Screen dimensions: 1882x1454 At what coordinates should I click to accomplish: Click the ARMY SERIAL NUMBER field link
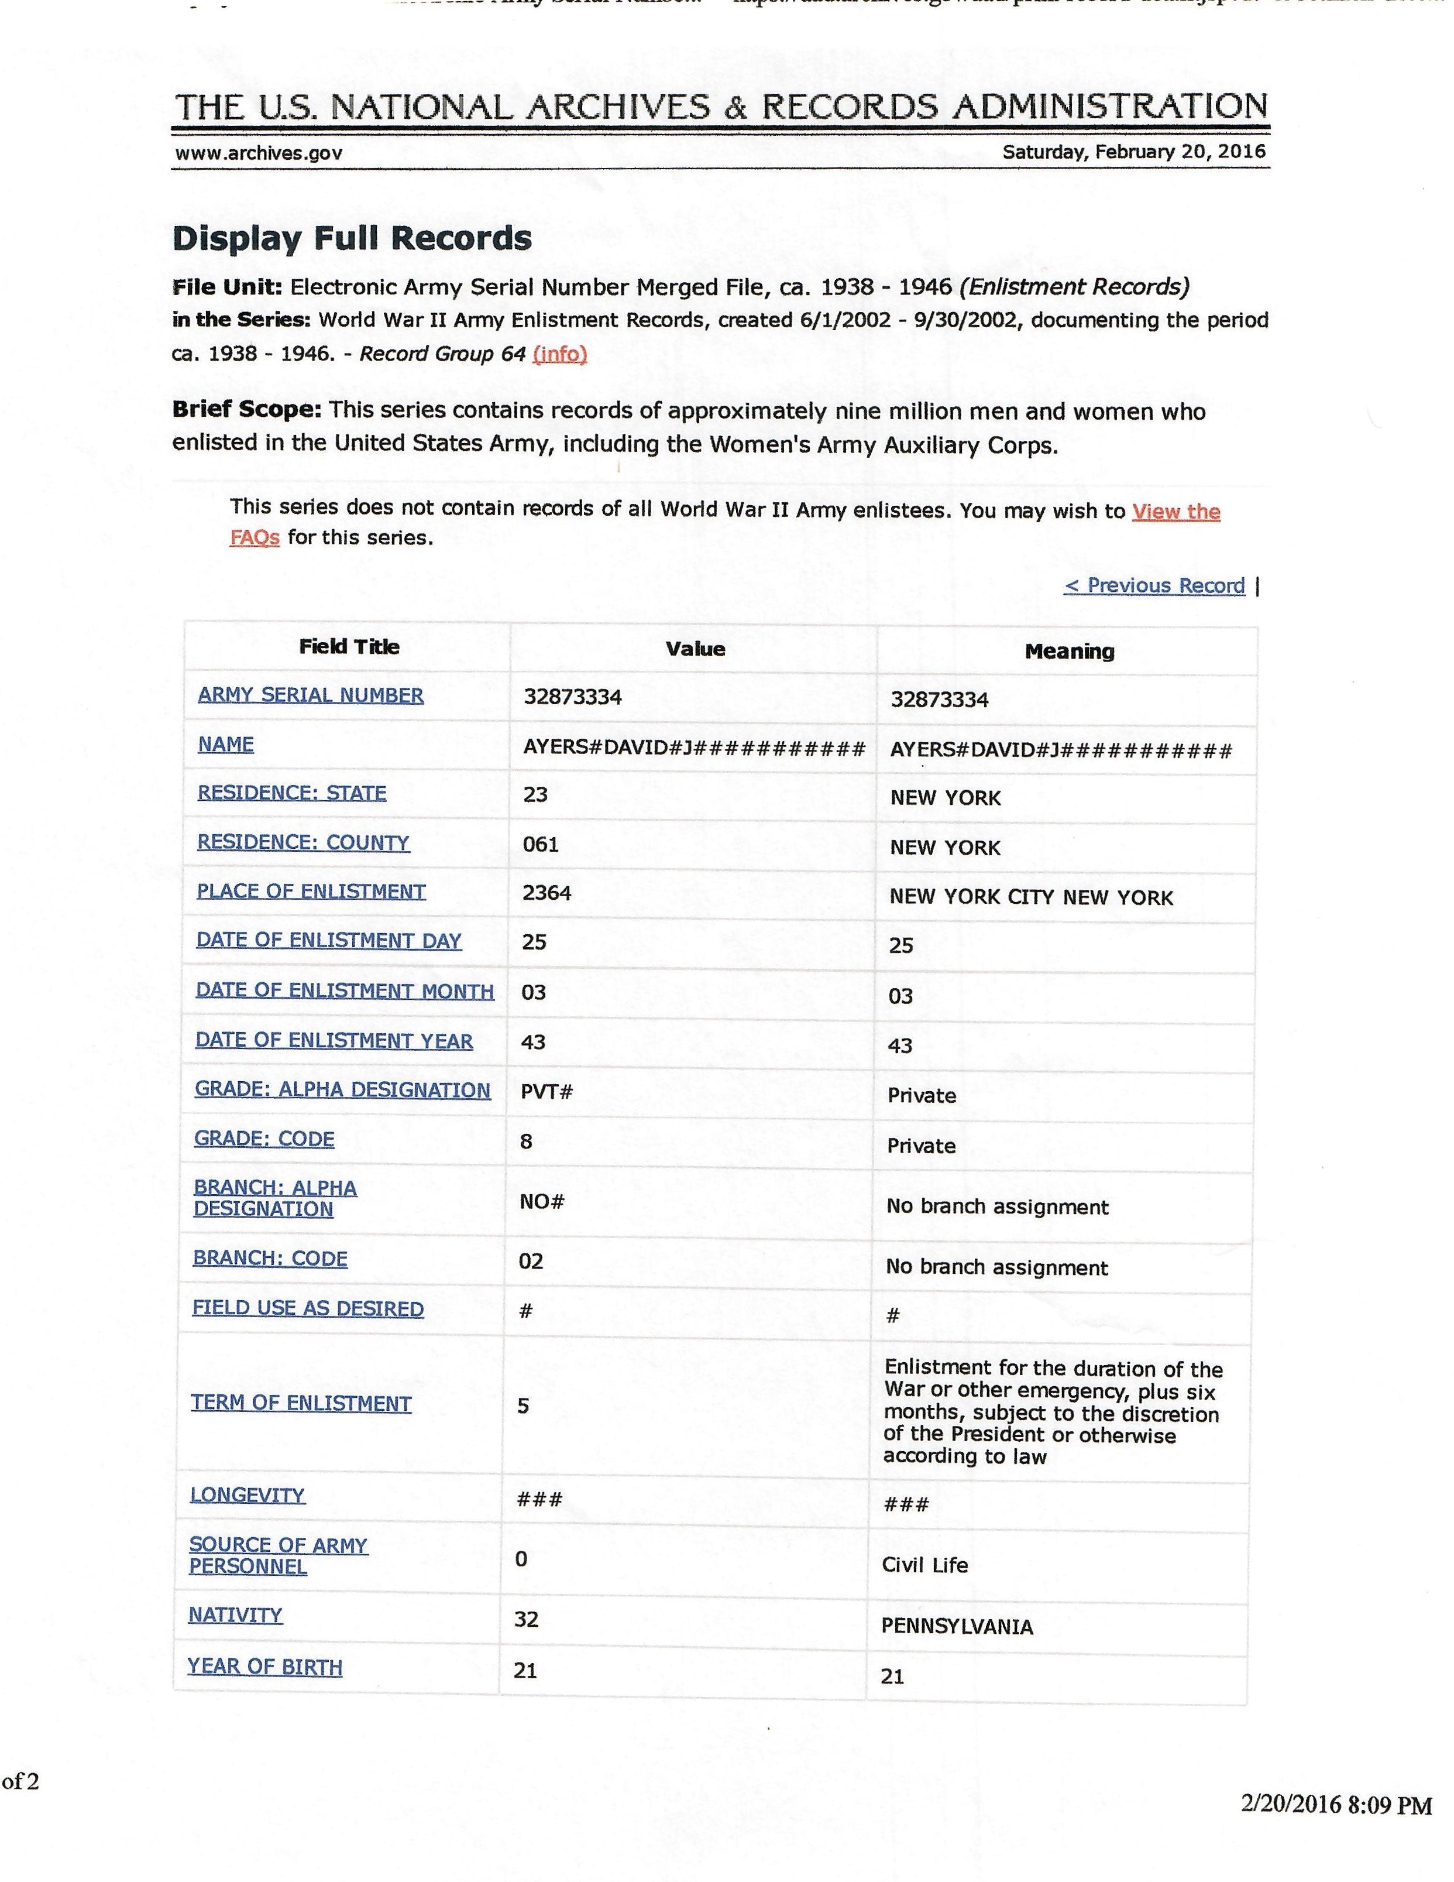point(310,695)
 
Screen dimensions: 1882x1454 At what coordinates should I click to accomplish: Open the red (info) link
point(560,354)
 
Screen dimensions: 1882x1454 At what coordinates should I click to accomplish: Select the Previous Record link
point(1154,586)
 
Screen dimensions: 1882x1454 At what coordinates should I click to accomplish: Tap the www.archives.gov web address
point(259,153)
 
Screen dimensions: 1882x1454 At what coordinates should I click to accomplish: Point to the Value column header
point(695,649)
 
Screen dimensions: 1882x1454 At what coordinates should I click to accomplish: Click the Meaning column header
point(1069,652)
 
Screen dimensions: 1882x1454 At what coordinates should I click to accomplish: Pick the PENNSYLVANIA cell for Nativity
point(957,1626)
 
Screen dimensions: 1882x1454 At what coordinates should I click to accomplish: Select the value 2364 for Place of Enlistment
point(547,893)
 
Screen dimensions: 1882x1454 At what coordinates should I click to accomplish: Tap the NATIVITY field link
point(235,1615)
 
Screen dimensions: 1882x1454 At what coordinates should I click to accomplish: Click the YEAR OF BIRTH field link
point(264,1667)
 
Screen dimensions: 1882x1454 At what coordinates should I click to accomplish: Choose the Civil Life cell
point(924,1565)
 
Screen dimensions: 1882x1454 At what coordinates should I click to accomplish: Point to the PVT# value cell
point(547,1092)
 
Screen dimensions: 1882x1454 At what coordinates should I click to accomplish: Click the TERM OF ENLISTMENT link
point(301,1403)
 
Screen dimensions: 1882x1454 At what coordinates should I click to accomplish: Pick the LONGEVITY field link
point(248,1494)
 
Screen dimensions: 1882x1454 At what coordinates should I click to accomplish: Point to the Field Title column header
point(349,647)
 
